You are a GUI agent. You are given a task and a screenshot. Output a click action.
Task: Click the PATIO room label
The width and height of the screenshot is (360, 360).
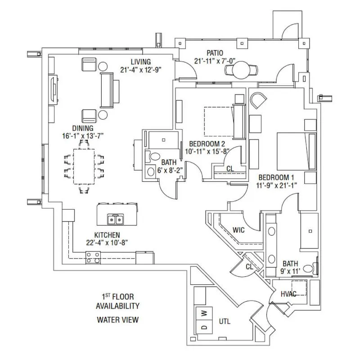215,53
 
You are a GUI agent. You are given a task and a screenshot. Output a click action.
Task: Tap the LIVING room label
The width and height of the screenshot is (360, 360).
141,62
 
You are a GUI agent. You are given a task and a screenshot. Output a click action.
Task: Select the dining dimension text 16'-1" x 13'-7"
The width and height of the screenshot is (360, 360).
83,136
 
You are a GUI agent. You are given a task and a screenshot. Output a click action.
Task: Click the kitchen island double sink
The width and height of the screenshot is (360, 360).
116,219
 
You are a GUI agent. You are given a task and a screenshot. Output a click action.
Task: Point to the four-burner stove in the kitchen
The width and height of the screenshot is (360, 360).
93,257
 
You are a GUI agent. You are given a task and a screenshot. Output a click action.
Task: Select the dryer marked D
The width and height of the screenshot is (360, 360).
204,327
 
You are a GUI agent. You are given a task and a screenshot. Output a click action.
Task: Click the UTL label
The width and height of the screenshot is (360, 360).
225,321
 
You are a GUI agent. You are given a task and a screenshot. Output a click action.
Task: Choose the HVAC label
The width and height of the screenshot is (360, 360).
288,294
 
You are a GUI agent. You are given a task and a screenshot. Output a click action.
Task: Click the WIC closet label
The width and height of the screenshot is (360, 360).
238,230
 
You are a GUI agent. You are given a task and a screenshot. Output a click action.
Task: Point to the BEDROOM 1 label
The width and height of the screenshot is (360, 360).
276,177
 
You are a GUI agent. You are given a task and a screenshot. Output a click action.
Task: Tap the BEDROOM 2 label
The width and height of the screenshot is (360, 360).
207,144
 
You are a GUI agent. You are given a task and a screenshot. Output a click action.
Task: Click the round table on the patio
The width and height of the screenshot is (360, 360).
241,70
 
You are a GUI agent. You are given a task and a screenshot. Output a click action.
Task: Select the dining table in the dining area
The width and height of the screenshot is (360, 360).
84,166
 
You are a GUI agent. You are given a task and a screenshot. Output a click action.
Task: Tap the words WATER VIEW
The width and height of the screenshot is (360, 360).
118,319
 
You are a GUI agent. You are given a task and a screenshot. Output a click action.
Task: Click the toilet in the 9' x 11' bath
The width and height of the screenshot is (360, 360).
310,268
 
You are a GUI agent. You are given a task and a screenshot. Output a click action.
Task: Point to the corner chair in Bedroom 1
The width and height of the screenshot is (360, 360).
258,100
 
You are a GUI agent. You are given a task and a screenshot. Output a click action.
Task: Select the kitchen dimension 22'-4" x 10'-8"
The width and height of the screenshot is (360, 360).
107,243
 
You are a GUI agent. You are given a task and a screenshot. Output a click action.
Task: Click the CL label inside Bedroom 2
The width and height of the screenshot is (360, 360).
230,169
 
